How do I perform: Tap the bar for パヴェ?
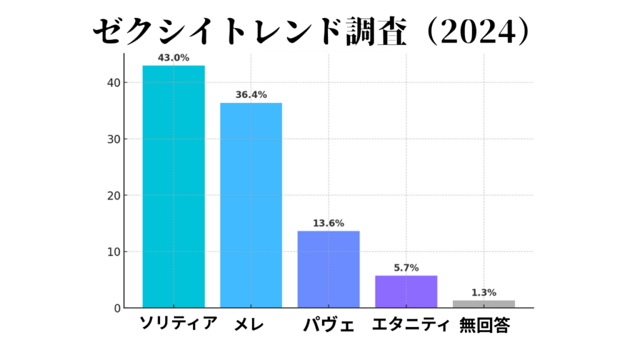tap(328, 269)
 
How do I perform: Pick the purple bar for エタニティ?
tap(406, 291)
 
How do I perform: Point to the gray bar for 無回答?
tap(484, 304)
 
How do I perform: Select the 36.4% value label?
tap(251, 95)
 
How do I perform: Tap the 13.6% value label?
tap(328, 223)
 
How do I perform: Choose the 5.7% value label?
tap(406, 267)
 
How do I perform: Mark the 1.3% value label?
tap(484, 292)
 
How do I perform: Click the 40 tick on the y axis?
tap(112, 82)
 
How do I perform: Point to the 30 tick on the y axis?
tap(112, 139)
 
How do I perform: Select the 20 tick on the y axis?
tap(112, 196)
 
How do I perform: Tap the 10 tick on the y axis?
tap(112, 252)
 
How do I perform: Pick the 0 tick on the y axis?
tap(116, 308)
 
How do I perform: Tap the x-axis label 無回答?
tap(484, 325)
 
